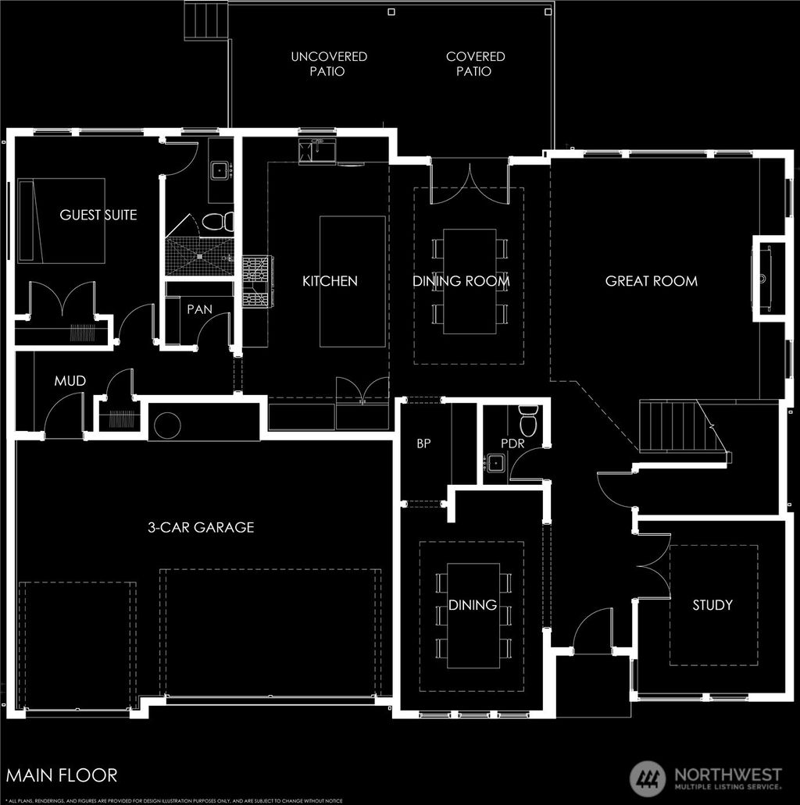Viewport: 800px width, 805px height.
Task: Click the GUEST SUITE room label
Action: (x=98, y=215)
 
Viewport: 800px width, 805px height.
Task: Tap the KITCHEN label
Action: (x=330, y=281)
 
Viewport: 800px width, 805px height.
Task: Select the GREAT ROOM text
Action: (x=651, y=281)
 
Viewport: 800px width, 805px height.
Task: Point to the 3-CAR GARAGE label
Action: (x=201, y=527)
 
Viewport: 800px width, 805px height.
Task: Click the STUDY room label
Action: (x=712, y=605)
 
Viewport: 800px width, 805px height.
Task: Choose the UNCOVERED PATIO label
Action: (x=329, y=64)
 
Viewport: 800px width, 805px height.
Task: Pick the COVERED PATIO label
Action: (x=475, y=64)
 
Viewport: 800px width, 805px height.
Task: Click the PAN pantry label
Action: (x=199, y=310)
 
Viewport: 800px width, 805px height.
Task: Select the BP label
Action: (x=423, y=443)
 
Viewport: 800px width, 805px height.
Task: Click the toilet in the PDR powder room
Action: (x=529, y=421)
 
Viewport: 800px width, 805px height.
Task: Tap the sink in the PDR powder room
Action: (x=495, y=463)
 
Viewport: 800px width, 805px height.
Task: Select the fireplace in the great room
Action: (x=764, y=277)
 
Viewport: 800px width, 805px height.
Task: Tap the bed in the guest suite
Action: (x=62, y=221)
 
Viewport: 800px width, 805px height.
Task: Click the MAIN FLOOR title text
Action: (x=62, y=775)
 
